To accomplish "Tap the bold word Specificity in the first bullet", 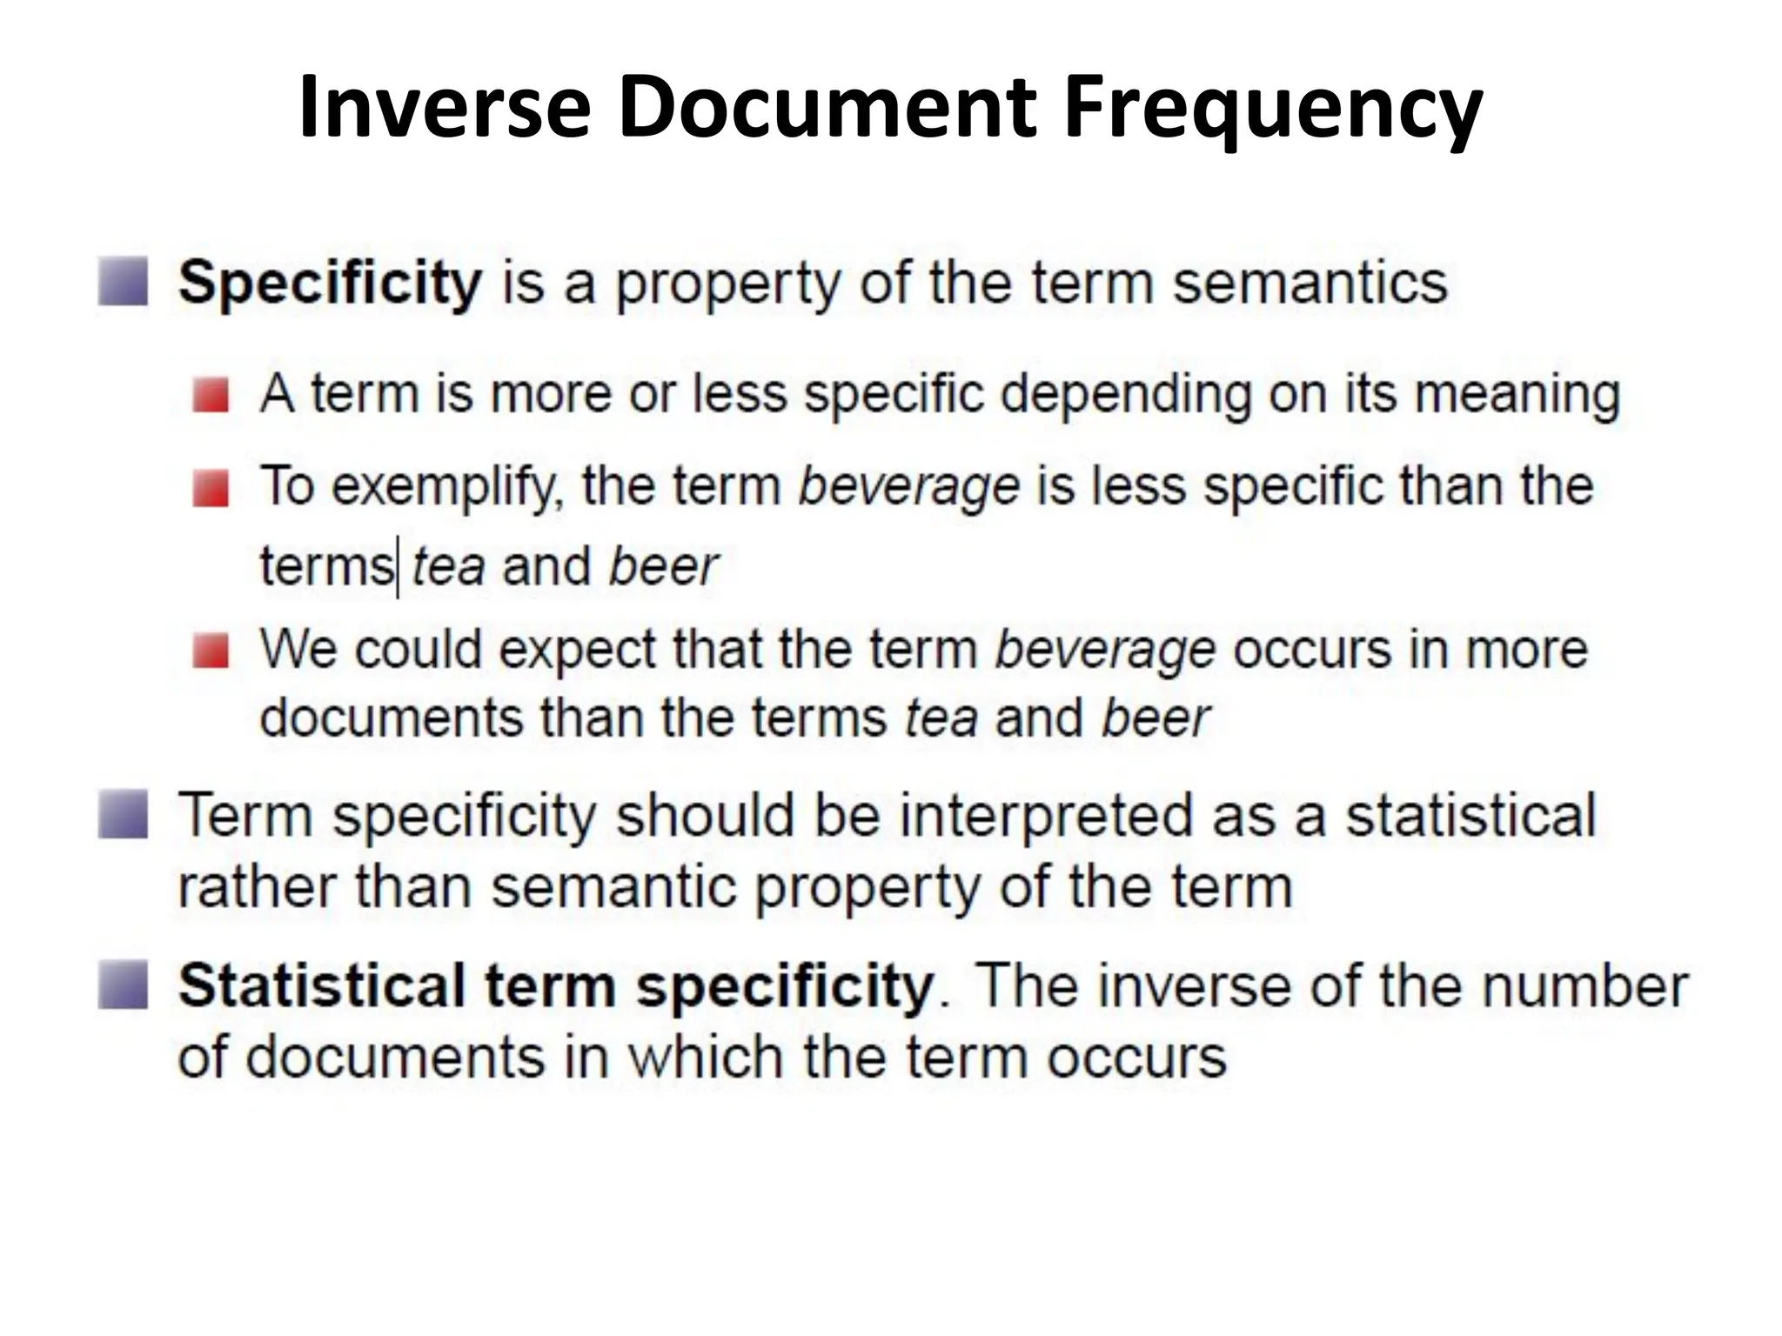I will click(x=330, y=284).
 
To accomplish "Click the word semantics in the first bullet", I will click(x=1310, y=284).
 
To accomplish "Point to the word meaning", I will click(x=1517, y=394).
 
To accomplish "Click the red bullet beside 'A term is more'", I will click(x=211, y=395).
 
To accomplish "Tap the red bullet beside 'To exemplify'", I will click(x=211, y=487).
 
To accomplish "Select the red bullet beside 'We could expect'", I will click(x=211, y=651).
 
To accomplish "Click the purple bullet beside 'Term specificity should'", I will click(x=123, y=814).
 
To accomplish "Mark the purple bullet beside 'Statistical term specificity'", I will click(x=123, y=985).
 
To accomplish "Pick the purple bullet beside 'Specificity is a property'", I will click(x=123, y=282).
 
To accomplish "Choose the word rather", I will click(x=257, y=887).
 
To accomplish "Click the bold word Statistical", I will click(x=322, y=986).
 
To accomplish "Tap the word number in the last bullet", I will click(x=1584, y=986).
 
